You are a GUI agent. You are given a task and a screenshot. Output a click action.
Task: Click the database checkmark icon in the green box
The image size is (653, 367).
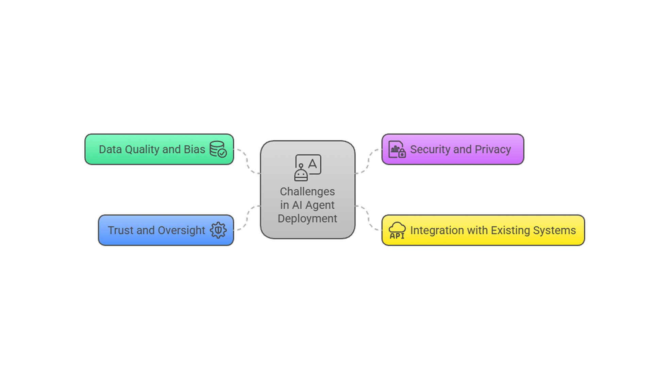click(218, 149)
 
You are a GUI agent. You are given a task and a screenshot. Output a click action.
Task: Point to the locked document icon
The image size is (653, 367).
click(397, 150)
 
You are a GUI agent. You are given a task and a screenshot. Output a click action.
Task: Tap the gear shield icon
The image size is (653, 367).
click(218, 230)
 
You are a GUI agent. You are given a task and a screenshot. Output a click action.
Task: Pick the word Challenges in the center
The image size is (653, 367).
click(307, 192)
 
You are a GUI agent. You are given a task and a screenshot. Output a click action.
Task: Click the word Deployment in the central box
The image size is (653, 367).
click(307, 219)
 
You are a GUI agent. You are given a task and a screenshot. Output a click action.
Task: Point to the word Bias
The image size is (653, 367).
click(194, 150)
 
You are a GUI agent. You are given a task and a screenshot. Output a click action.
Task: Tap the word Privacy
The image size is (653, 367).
click(493, 150)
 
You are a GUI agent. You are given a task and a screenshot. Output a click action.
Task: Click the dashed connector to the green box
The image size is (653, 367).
click(247, 161)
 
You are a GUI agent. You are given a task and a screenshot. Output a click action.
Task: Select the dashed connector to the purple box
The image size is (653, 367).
click(369, 161)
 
